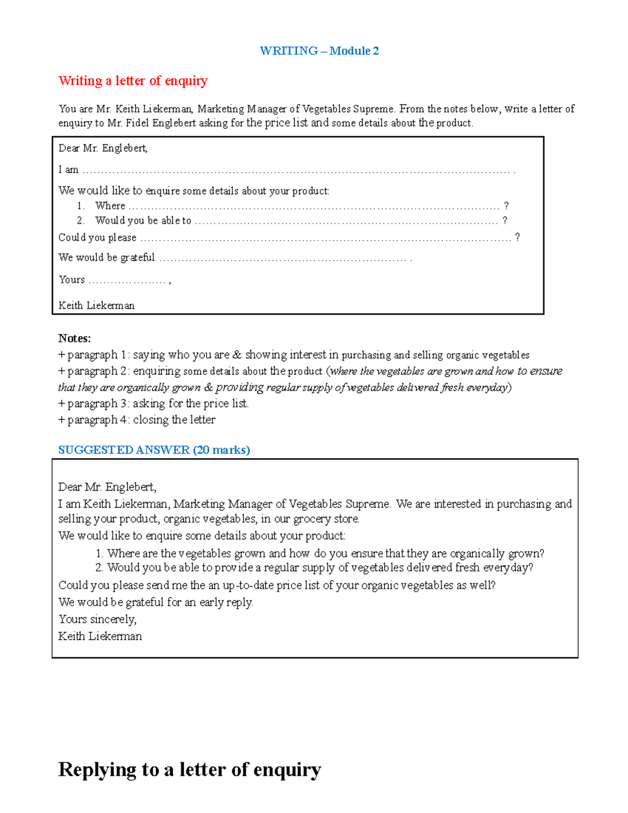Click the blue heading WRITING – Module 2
(319, 51)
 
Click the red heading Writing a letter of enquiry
(133, 81)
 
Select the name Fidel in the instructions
(137, 123)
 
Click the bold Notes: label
(74, 338)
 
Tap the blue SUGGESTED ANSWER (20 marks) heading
(154, 450)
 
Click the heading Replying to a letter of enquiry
(189, 770)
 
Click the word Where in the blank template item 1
(110, 206)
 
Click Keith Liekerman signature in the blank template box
(96, 305)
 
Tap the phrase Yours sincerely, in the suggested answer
(97, 619)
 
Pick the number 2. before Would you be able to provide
(99, 567)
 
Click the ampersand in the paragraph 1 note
(237, 355)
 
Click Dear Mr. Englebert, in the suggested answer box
(107, 487)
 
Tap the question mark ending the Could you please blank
(517, 237)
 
